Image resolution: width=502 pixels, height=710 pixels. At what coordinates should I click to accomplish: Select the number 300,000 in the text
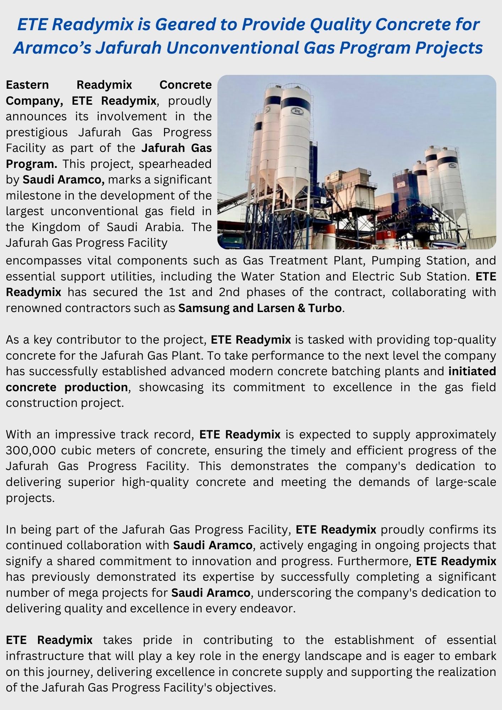31,450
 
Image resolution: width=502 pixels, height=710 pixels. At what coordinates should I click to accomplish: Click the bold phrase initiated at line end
472,371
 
